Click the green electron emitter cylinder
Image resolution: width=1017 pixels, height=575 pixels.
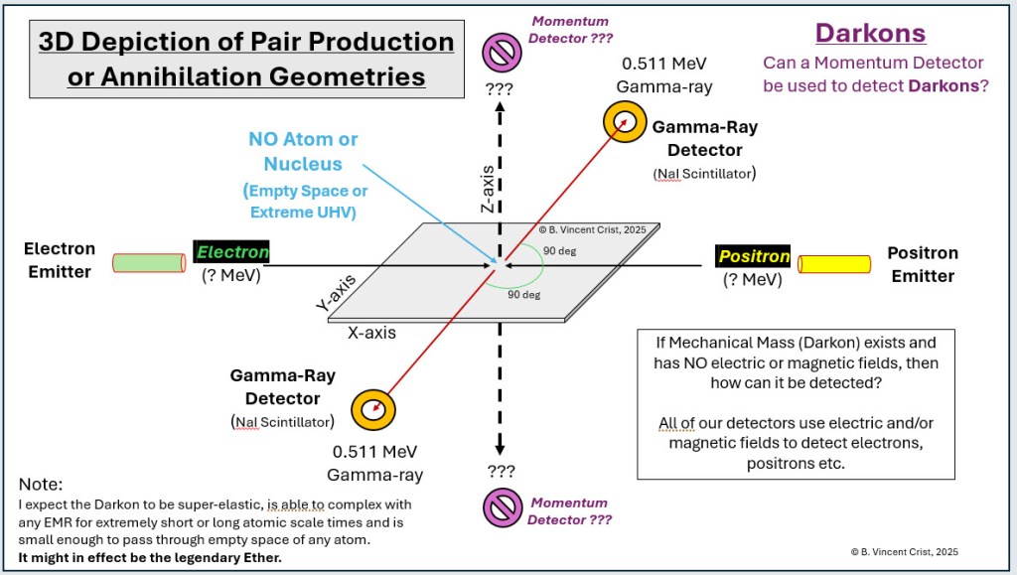click(x=148, y=263)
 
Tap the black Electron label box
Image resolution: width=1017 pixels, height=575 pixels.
click(x=231, y=252)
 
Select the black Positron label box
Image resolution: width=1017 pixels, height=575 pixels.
click(x=755, y=256)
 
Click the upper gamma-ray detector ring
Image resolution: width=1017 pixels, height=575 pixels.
click(x=625, y=122)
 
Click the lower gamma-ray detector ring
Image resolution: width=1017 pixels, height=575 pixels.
click(x=374, y=408)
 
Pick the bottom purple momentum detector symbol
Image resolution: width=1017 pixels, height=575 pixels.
click(x=502, y=507)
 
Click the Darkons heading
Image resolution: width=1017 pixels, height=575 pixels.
click(x=870, y=33)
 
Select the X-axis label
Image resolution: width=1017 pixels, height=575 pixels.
click(x=371, y=333)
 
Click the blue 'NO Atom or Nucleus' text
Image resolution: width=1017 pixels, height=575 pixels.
click(x=303, y=152)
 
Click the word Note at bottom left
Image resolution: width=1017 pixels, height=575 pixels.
click(x=41, y=485)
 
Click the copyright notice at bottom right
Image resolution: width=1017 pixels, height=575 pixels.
click(x=905, y=552)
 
